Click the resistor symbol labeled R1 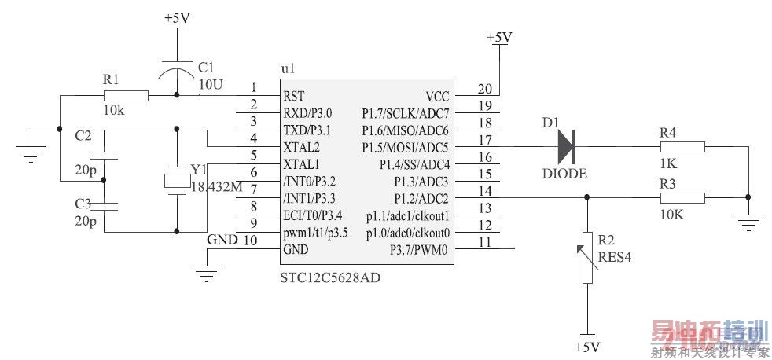point(126,96)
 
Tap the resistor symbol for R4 point(682,146)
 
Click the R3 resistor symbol point(682,197)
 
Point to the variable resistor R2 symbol point(586,257)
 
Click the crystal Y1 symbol point(175,180)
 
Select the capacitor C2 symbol point(105,154)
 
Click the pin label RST point(293,96)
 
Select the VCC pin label point(437,96)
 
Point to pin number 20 point(484,89)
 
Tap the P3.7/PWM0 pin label point(419,251)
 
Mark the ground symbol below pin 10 point(206,274)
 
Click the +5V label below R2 point(586,347)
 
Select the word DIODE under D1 point(564,173)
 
